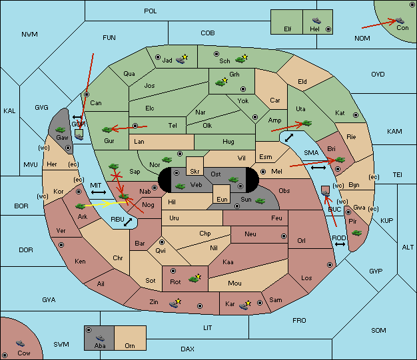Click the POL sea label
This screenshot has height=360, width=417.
151,11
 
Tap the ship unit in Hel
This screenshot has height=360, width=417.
316,21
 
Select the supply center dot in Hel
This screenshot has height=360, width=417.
328,29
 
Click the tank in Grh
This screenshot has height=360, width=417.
220,83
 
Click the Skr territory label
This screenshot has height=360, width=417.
195,172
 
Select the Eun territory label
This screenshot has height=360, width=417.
222,199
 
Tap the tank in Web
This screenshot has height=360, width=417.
181,186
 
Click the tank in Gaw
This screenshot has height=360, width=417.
60,130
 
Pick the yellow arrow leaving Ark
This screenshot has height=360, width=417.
106,204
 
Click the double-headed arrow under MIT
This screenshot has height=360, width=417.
99,192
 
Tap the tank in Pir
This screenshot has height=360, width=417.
356,233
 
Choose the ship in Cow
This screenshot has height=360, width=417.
20,343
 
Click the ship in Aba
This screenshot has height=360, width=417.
100,338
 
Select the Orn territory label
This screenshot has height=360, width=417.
130,345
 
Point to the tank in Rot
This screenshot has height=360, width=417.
194,279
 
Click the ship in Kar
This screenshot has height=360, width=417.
244,306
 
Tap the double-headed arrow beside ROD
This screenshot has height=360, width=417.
340,244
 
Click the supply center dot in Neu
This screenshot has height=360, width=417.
284,236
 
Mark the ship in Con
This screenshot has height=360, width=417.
400,21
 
